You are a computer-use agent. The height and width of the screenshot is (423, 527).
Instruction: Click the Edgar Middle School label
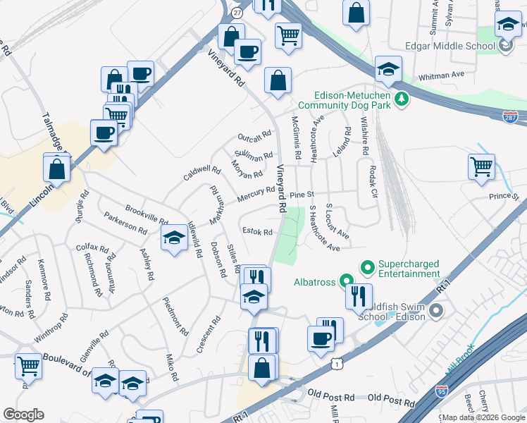tap(451, 47)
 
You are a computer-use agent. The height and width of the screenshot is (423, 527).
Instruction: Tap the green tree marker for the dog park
tap(402, 98)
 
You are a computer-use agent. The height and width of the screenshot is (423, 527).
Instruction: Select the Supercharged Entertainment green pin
tap(366, 267)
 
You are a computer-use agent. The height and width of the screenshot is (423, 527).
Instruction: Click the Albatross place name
tap(316, 282)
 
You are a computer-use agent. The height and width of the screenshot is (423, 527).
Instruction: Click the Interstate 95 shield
tap(442, 390)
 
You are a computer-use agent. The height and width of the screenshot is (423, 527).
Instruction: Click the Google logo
tap(23, 414)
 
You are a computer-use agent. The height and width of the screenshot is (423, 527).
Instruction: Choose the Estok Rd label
tap(257, 231)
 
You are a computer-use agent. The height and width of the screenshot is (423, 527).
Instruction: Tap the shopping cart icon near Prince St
tap(482, 168)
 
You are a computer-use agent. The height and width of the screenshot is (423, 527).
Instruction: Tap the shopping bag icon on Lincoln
tap(56, 169)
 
